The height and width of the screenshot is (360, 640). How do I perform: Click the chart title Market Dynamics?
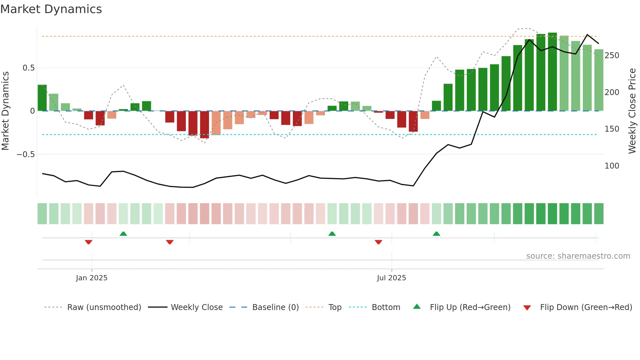(x=51, y=9)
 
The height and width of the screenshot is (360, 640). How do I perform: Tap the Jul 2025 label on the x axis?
(x=391, y=278)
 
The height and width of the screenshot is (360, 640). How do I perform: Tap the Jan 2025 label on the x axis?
(x=91, y=278)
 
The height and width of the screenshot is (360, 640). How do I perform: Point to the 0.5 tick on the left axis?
(x=28, y=68)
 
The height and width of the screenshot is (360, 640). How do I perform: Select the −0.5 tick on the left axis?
(x=26, y=154)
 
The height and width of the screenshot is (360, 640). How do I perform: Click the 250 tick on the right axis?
(x=612, y=56)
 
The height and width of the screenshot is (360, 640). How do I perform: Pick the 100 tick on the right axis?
(x=612, y=166)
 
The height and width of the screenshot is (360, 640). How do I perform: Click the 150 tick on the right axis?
(x=612, y=129)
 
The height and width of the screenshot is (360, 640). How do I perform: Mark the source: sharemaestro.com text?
(x=578, y=256)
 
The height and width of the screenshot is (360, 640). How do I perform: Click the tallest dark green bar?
(x=552, y=72)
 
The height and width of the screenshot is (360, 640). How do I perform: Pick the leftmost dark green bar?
(x=42, y=98)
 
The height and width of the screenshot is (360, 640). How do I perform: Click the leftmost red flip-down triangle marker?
(x=88, y=242)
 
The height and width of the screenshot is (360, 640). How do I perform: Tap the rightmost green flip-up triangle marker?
(x=436, y=234)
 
